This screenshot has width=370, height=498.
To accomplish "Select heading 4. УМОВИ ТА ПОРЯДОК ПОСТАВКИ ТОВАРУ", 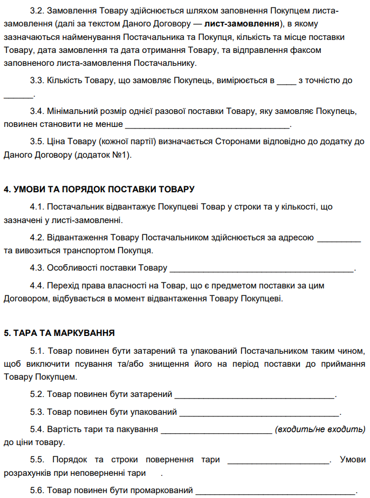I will [99, 190].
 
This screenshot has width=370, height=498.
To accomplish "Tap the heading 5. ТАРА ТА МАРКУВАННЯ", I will [59, 333].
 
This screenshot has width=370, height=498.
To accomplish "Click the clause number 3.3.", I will [37, 80].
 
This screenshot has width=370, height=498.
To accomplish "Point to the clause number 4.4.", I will [37, 285].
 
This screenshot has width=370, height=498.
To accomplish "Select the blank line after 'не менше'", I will [207, 126].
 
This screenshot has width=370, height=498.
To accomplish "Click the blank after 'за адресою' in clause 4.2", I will [338, 238].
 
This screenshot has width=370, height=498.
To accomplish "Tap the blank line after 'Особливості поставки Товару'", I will [261, 268].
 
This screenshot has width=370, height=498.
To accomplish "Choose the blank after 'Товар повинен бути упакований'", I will [259, 413].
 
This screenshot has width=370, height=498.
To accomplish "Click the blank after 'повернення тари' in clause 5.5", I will [278, 461].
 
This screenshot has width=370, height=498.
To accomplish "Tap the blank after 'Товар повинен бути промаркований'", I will [275, 491].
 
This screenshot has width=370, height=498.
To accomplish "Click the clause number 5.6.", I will [37, 490].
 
